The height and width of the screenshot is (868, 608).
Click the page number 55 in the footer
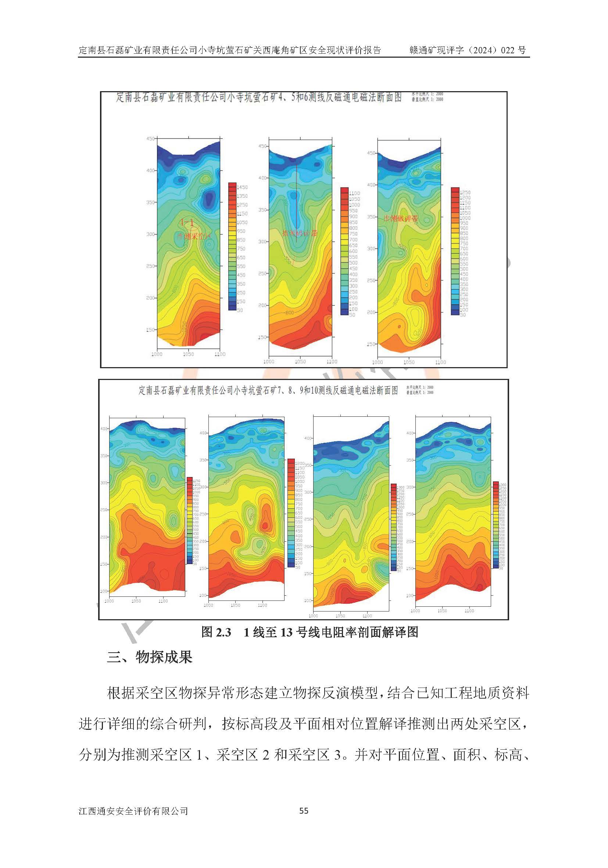pos(304,811)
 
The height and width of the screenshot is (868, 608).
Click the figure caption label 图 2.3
pos(216,632)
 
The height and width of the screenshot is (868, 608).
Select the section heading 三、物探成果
pos(150,657)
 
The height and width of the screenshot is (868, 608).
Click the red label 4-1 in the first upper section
pos(187,222)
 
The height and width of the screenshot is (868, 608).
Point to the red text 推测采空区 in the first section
pos(194,236)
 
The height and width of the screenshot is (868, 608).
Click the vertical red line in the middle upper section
pos(296,197)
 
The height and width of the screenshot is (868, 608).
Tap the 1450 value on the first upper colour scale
pos(242,187)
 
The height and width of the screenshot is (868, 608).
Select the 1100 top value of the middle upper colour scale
pos(354,193)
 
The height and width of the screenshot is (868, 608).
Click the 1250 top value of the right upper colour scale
pos(465,193)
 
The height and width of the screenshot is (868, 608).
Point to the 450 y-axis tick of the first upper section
pos(150,139)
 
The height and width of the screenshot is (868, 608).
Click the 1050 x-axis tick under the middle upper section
pos(300,361)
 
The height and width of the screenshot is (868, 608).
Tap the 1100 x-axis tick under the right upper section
pos(440,362)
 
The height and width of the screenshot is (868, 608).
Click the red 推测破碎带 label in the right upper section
pos(401,218)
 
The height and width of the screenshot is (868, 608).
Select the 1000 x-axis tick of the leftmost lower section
pos(109,601)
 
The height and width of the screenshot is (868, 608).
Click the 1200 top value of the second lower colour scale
pos(300,463)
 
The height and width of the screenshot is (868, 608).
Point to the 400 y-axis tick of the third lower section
pos(308,438)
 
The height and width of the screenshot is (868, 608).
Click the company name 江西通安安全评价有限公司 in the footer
pos(133,811)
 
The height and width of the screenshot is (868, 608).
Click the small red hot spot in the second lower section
pos(265,526)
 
